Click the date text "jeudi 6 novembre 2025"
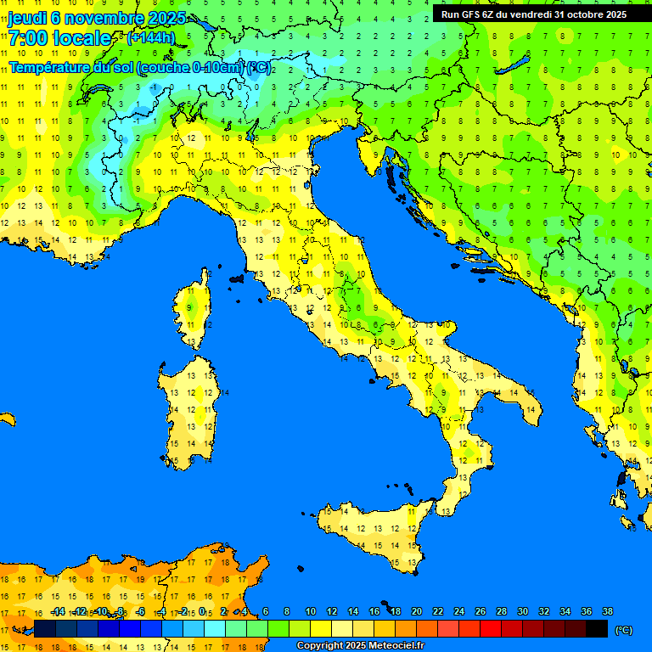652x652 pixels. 96,18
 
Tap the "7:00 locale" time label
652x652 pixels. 59,38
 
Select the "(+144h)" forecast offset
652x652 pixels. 150,38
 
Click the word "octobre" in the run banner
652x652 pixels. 579,14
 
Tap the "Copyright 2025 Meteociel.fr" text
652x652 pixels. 360,645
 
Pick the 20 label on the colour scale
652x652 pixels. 416,612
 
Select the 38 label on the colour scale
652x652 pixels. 607,612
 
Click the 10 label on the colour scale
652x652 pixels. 311,612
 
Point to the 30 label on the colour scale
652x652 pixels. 522,612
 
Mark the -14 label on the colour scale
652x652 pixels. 58,612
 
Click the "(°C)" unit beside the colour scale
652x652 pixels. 623,630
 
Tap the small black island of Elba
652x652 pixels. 237,278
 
